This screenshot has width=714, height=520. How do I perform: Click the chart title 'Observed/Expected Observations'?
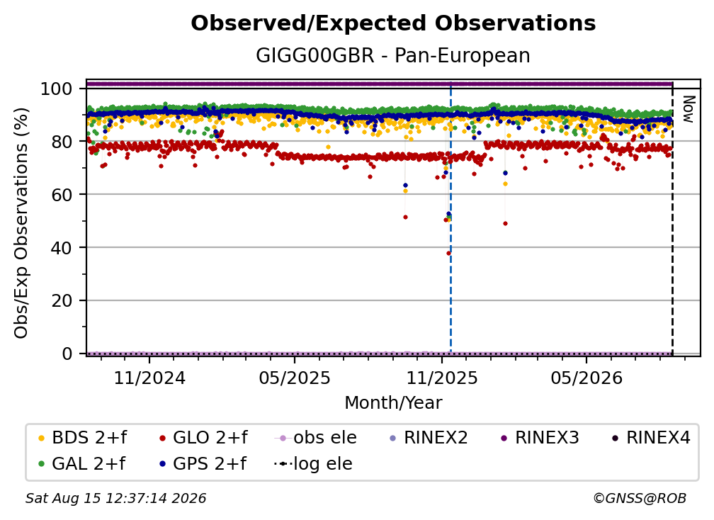393,23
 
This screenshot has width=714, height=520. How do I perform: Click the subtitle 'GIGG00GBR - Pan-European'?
393,55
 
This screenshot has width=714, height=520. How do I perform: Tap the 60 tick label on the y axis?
62,195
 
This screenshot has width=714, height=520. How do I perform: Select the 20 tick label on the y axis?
62,301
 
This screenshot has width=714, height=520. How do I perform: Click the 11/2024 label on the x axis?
149,378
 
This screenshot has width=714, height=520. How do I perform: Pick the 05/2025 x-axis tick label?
295,378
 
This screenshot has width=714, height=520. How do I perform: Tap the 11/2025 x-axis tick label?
442,378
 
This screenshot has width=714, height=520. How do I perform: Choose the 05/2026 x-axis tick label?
586,378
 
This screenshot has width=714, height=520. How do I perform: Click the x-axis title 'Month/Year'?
393,403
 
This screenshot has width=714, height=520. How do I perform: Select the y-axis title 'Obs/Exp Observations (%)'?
21,222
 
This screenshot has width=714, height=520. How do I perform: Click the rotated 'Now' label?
688,109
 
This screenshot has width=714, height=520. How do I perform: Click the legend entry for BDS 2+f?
83,438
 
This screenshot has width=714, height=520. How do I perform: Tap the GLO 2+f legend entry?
203,438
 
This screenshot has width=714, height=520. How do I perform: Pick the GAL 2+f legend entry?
82,464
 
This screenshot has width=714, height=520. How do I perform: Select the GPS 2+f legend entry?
203,464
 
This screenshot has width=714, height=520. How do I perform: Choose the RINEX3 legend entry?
540,438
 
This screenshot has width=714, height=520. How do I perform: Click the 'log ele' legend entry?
313,464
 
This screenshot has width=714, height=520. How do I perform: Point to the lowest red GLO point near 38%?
448,253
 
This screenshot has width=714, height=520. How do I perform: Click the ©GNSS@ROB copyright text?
640,499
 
